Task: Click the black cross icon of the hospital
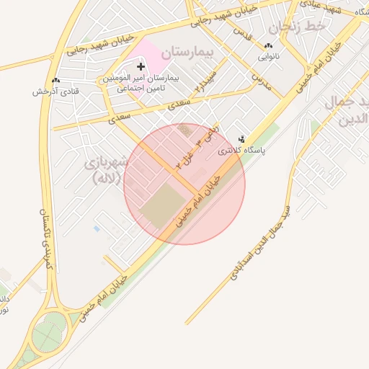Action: (x=141, y=66)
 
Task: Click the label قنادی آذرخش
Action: (x=55, y=92)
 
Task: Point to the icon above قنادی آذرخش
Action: (x=55, y=81)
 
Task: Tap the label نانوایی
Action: (x=268, y=55)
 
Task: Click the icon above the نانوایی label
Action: (x=268, y=45)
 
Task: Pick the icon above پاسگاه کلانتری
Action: (x=241, y=138)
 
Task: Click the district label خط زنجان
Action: (x=298, y=27)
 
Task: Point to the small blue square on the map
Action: (x=97, y=228)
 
